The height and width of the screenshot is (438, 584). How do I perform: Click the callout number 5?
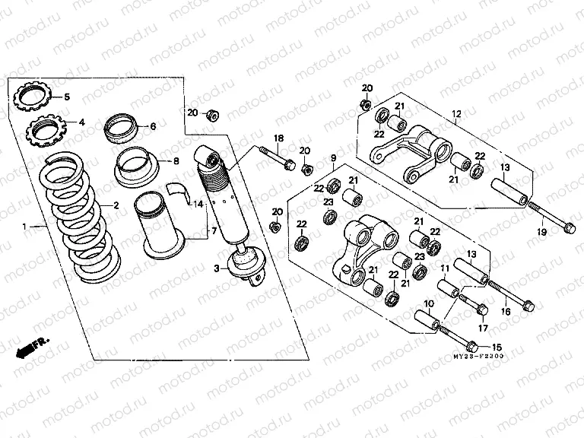point(66,97)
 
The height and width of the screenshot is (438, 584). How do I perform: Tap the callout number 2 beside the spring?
point(116,205)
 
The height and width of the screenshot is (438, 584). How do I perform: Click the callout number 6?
point(153,126)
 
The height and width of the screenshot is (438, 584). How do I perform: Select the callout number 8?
point(176,161)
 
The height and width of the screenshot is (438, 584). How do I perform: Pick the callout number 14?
point(198,205)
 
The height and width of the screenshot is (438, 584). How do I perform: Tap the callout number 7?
point(214,230)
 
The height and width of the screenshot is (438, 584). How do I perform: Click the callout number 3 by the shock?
point(216,268)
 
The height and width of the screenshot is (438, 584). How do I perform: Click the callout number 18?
point(278,138)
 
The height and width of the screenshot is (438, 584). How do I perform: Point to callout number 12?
point(456,115)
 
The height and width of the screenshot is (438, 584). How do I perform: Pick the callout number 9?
point(333,157)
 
